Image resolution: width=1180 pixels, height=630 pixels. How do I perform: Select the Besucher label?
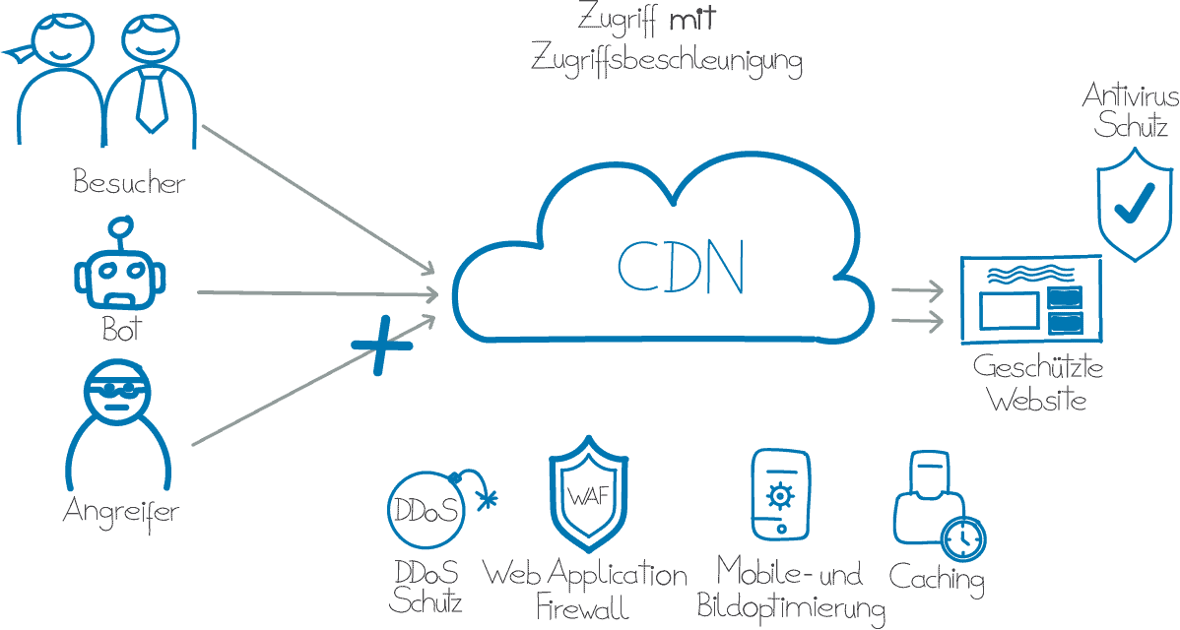point(129,182)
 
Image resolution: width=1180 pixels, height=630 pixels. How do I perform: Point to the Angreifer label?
point(120,511)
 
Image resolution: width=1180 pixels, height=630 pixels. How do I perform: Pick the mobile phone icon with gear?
point(780,495)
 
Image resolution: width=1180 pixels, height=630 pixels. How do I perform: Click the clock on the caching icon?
point(961,538)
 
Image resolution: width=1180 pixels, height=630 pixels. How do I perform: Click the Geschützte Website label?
point(1037,384)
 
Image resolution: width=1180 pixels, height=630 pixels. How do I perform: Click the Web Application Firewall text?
point(585,589)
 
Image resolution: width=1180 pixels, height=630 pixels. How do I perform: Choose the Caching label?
point(937,578)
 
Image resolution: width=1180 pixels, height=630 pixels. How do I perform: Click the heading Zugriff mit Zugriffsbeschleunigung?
point(667,41)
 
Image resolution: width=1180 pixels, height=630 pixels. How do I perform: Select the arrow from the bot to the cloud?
point(315,292)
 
